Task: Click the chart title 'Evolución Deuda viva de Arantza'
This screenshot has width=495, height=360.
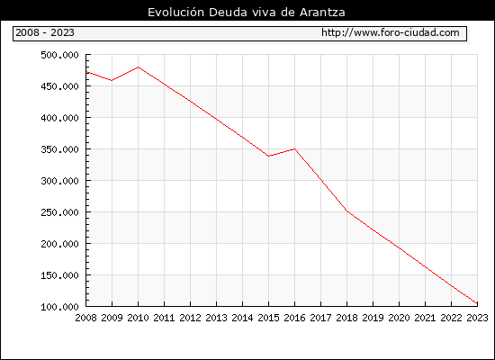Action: tap(247, 13)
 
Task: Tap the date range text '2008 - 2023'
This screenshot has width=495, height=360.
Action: tap(45, 32)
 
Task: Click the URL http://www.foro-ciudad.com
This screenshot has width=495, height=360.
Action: tap(391, 32)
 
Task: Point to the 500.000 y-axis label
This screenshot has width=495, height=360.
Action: tap(59, 55)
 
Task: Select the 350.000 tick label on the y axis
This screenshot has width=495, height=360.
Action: tap(59, 149)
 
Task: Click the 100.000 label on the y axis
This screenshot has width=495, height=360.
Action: tap(59, 307)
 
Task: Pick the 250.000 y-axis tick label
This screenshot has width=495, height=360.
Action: tap(59, 212)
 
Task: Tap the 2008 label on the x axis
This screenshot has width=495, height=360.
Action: tap(85, 318)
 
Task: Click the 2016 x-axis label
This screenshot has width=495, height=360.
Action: tap(294, 318)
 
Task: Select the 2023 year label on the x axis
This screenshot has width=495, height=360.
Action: tap(477, 318)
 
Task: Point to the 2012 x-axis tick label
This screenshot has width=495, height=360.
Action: tap(191, 318)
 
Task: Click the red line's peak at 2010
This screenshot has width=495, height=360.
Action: tap(139, 67)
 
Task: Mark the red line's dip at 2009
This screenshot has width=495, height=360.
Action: tap(112, 80)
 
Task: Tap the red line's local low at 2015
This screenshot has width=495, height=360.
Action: tap(269, 156)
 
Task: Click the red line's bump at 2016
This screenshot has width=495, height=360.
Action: tap(294, 148)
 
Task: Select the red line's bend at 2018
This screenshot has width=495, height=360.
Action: tap(346, 211)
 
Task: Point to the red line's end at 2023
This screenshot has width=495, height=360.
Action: tap(477, 303)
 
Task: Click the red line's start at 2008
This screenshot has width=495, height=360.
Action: tap(86, 72)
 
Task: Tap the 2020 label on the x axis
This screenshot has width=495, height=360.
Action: tap(399, 318)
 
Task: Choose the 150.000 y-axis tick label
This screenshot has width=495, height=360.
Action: tap(59, 275)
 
